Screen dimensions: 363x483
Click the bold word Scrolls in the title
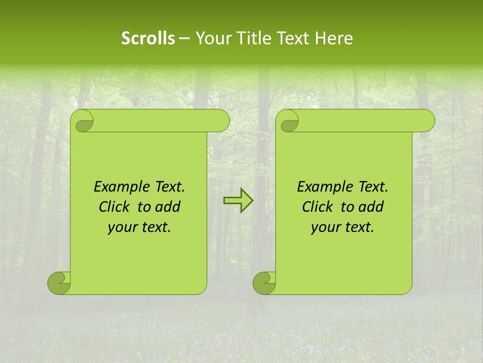[148, 38]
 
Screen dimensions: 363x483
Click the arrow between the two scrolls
[238, 201]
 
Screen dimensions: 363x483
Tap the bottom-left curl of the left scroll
[59, 283]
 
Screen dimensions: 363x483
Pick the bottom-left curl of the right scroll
[264, 283]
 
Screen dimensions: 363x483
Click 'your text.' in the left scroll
[139, 227]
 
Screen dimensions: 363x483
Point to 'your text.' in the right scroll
[343, 227]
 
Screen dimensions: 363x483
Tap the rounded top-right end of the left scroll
[221, 120]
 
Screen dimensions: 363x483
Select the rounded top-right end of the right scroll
[427, 120]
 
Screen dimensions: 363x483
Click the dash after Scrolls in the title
[184, 38]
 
